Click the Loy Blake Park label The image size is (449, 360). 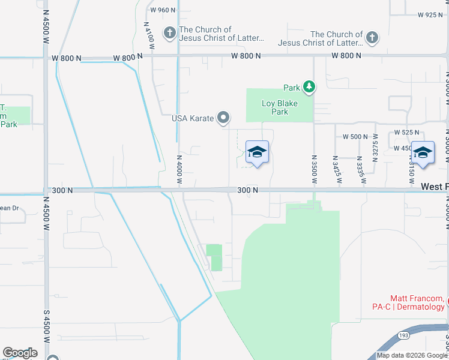[280, 107]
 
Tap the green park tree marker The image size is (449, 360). [309, 88]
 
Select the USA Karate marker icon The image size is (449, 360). [223, 118]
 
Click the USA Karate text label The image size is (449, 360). [193, 118]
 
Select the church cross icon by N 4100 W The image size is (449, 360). [170, 34]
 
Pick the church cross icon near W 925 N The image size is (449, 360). [372, 38]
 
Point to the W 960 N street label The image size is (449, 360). [163, 10]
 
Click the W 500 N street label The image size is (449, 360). [355, 137]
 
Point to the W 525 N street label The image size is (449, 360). [406, 132]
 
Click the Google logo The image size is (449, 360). [20, 353]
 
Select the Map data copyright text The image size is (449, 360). [411, 355]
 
